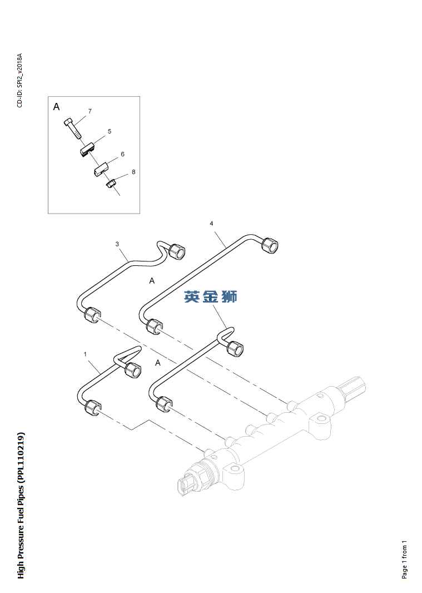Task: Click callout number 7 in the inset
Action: click(90, 111)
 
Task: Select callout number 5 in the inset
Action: click(110, 132)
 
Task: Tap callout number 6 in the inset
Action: click(122, 154)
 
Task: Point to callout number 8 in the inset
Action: click(133, 172)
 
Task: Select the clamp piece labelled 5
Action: click(86, 149)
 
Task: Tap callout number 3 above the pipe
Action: click(117, 244)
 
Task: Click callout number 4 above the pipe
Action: click(211, 224)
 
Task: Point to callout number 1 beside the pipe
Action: click(85, 354)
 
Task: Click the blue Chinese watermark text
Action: click(211, 297)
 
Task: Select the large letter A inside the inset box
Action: click(56, 107)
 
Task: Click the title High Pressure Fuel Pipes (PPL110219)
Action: click(21, 505)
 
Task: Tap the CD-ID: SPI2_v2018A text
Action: click(19, 81)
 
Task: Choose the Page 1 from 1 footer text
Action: click(404, 559)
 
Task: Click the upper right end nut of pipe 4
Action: click(270, 245)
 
